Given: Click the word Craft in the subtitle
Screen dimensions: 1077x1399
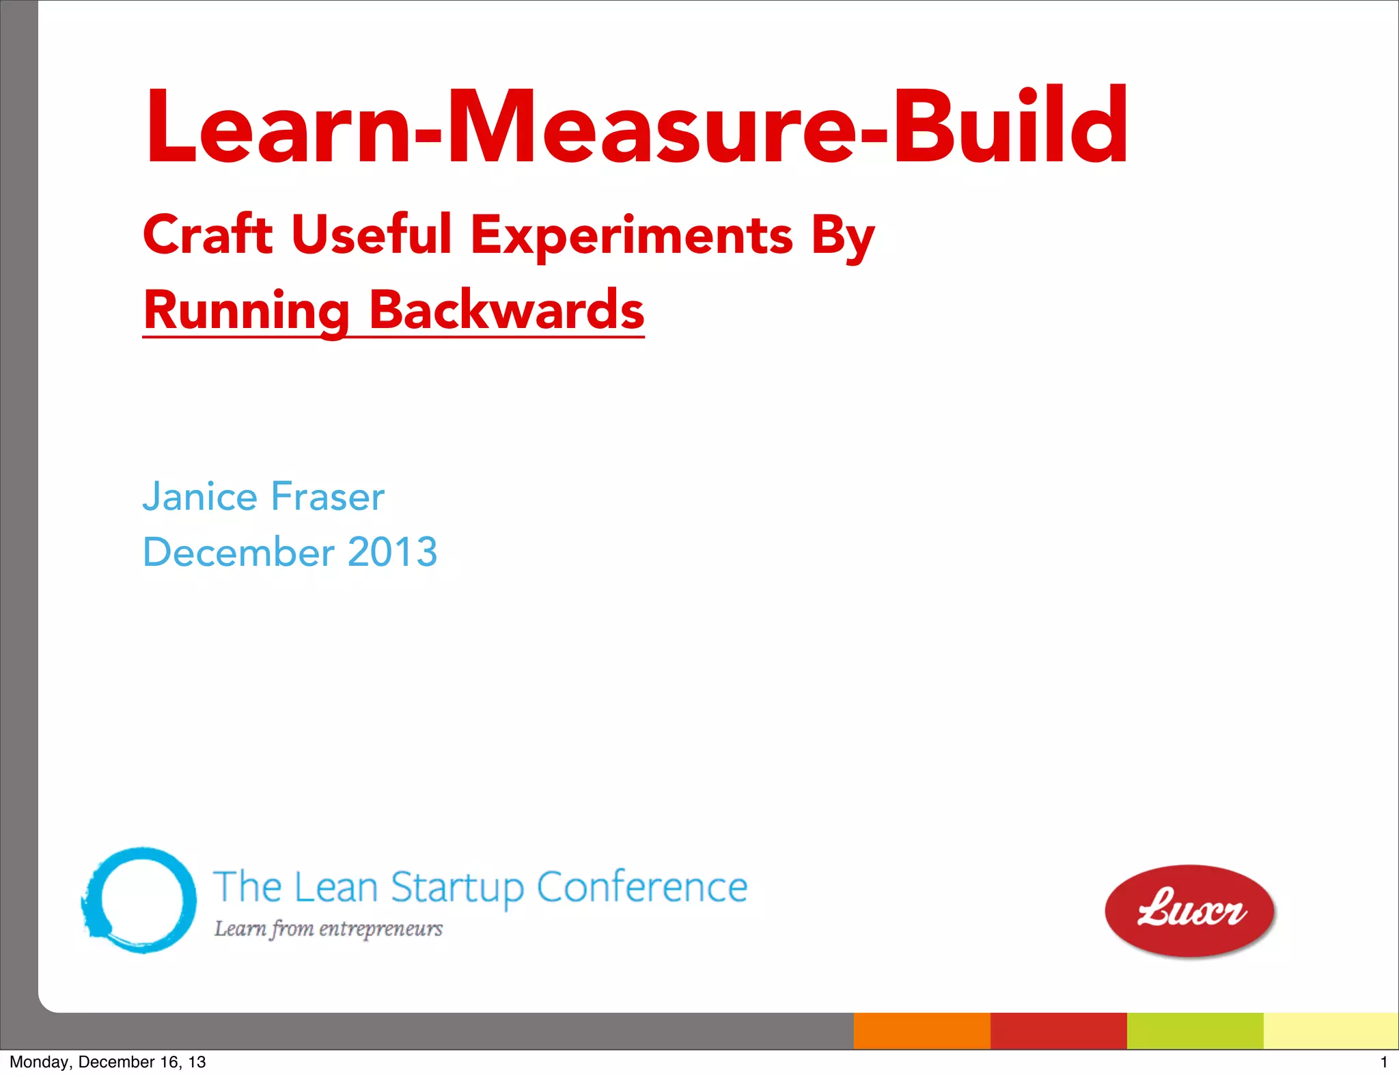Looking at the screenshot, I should click(208, 234).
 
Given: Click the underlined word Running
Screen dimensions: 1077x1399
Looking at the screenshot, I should click(247, 311).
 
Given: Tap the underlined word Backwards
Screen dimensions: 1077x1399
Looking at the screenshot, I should click(506, 311).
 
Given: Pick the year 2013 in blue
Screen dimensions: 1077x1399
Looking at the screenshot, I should click(392, 551).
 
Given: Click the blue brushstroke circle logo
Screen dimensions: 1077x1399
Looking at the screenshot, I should click(140, 900).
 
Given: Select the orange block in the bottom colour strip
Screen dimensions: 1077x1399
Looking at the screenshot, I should click(922, 1031).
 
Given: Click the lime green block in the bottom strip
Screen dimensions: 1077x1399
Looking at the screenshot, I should click(1195, 1031).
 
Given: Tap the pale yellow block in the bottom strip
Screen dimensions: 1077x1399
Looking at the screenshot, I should click(1330, 1031).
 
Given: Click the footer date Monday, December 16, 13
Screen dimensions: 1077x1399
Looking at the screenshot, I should click(107, 1062).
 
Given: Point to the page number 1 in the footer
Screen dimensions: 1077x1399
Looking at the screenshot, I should click(1384, 1062).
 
